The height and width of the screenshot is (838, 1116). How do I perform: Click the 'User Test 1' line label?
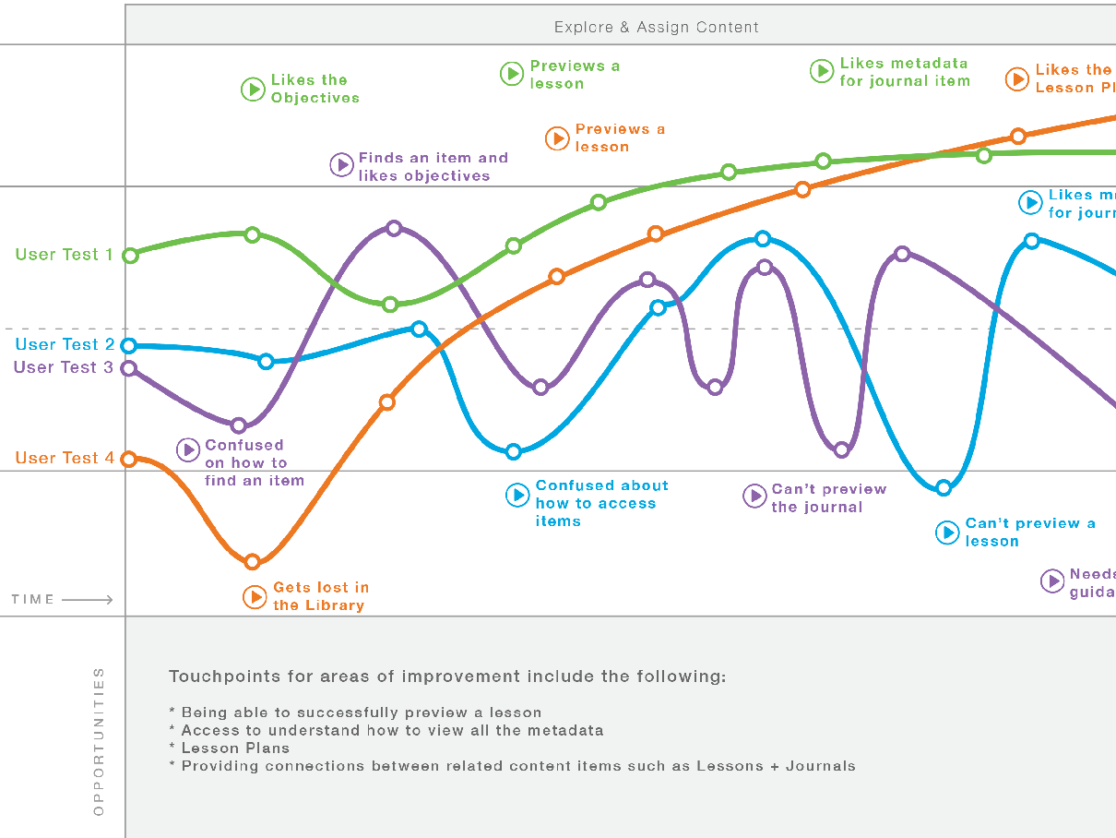point(64,255)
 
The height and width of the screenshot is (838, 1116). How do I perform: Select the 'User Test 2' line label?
point(65,345)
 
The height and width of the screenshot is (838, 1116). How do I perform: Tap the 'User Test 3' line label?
point(63,367)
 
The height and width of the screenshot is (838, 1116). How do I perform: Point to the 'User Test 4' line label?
point(65,458)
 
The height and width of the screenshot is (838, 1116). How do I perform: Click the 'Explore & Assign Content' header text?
point(656,27)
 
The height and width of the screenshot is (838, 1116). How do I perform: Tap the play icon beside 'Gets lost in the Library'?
point(255,597)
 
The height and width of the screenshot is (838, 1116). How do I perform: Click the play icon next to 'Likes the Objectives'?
point(253,90)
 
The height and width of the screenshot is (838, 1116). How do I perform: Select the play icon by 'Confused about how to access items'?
point(517,496)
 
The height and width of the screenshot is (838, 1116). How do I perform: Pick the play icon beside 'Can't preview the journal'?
point(754,497)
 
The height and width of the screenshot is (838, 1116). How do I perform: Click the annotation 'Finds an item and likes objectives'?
point(433,167)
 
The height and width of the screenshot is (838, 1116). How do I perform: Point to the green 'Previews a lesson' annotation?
point(575,75)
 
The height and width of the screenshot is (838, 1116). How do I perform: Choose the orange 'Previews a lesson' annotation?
point(620,138)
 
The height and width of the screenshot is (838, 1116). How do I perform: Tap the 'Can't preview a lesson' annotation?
point(1030,532)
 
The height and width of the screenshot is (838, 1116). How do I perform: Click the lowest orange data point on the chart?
point(253,561)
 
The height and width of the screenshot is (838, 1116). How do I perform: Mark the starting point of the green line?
point(130,256)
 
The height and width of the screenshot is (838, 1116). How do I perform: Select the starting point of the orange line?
point(129,459)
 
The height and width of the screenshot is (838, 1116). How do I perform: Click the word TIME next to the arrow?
point(33,600)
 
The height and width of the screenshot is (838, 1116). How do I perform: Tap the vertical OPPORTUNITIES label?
point(100,741)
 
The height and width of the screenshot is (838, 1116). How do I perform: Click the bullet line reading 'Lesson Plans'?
point(235,748)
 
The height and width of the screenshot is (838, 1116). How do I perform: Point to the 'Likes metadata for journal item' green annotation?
point(904,72)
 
